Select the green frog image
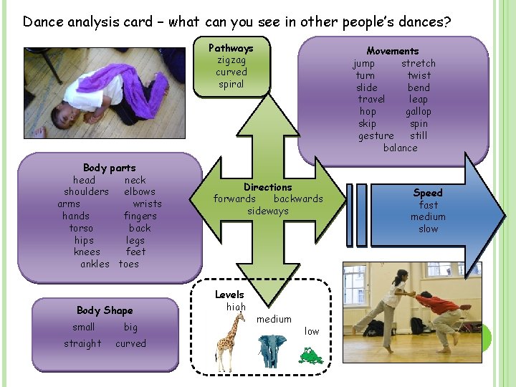[310, 355]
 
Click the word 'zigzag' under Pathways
[231, 60]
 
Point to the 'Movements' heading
[392, 51]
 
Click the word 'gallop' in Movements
[418, 111]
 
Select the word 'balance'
[400, 148]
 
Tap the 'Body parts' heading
[109, 168]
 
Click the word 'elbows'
[139, 192]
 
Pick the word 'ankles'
[95, 264]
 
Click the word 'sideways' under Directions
[268, 211]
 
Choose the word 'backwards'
[298, 199]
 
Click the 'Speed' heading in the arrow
[428, 193]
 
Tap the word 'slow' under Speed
[428, 229]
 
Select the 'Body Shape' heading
[105, 310]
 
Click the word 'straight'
[82, 343]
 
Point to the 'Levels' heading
[229, 295]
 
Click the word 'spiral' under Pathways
[231, 84]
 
